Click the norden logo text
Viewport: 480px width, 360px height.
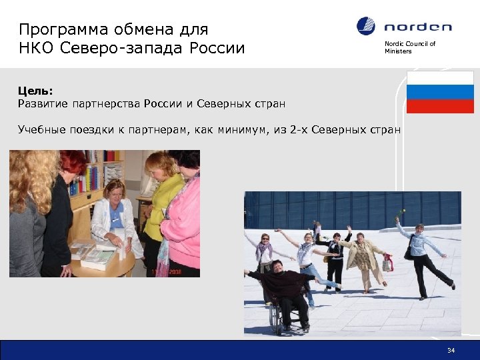[418, 27]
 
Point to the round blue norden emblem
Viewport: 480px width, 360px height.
[366, 27]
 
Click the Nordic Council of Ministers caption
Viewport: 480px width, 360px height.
[409, 47]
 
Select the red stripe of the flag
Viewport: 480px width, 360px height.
[440, 106]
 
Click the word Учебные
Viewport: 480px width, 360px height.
[41, 129]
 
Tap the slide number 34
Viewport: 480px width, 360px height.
[451, 350]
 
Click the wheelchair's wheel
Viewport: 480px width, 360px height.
[275, 319]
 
